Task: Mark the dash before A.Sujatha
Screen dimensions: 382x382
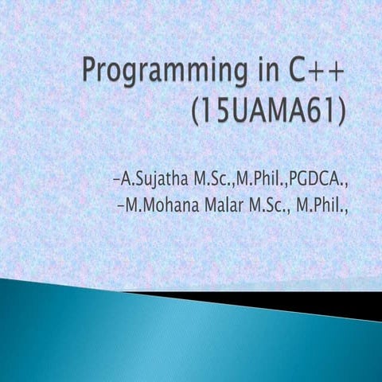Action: (x=117, y=176)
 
